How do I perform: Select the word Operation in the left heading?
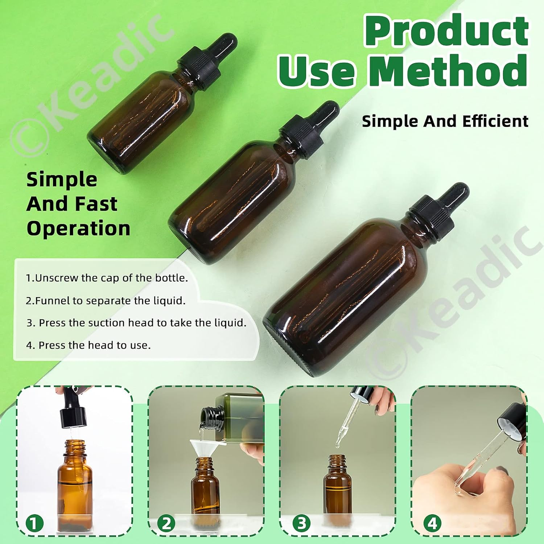click(78, 229)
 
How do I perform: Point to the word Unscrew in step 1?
click(57, 278)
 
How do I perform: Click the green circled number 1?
click(34, 524)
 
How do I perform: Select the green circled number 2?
click(166, 524)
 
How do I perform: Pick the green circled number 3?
click(302, 524)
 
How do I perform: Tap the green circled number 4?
click(432, 524)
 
